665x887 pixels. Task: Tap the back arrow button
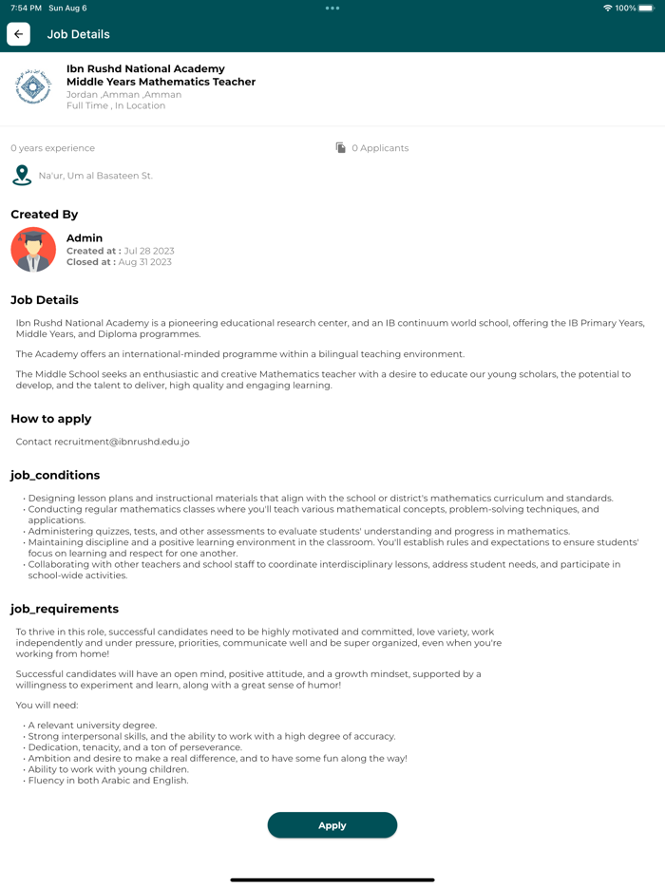click(x=18, y=34)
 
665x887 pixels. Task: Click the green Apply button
click(x=332, y=825)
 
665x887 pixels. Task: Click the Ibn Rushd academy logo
click(x=33, y=87)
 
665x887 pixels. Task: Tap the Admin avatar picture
click(x=33, y=250)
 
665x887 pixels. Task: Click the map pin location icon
click(x=22, y=176)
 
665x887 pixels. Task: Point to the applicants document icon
click(x=341, y=148)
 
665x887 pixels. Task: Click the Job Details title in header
click(x=79, y=34)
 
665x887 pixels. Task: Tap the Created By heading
click(x=45, y=215)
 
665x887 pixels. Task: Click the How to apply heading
click(x=51, y=419)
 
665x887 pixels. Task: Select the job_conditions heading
click(x=55, y=475)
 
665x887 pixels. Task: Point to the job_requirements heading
click(x=65, y=609)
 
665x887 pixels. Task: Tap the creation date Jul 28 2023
click(x=149, y=251)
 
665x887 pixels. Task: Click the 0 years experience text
click(x=53, y=148)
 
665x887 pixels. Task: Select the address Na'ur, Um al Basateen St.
click(x=95, y=176)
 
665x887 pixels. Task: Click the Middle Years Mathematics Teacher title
click(x=161, y=82)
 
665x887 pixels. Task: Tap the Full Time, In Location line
click(x=116, y=105)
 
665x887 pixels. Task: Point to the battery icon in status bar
click(x=646, y=8)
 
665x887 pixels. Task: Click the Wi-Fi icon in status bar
click(x=608, y=8)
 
